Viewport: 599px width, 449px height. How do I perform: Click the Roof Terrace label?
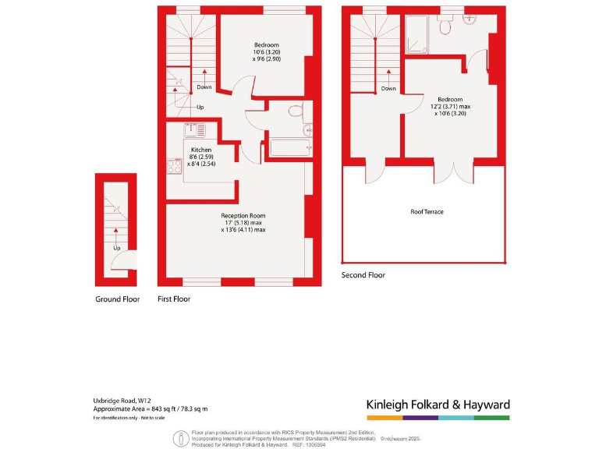click(x=427, y=211)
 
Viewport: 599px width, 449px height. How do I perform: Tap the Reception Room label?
click(x=243, y=215)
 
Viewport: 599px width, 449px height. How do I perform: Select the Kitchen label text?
click(x=201, y=150)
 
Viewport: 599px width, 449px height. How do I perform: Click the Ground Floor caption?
click(x=117, y=299)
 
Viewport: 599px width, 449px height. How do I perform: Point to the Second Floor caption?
click(x=363, y=275)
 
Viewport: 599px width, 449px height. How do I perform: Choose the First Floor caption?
click(x=174, y=299)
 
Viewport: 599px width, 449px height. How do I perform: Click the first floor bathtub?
click(x=289, y=147)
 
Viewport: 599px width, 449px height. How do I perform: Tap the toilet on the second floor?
click(x=445, y=27)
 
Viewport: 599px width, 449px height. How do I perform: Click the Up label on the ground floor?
click(x=117, y=248)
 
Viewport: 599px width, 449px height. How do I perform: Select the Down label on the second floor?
click(x=388, y=88)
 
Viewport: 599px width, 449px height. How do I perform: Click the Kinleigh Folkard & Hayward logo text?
click(x=438, y=405)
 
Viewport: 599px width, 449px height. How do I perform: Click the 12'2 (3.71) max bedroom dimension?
click(x=450, y=107)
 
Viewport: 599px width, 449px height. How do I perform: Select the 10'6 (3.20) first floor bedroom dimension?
click(x=266, y=51)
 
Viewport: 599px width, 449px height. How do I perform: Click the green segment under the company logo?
click(x=491, y=418)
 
